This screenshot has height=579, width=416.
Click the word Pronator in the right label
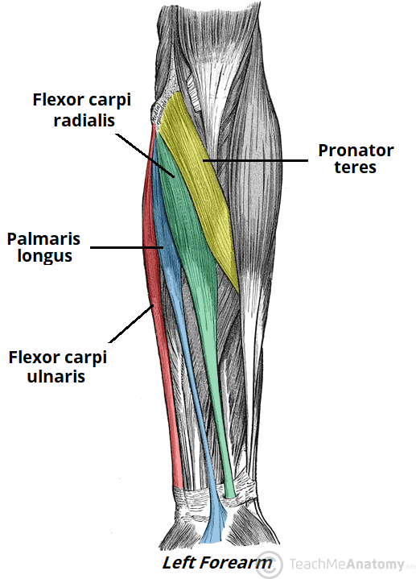tap(356, 151)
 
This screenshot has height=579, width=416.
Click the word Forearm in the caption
tap(240, 563)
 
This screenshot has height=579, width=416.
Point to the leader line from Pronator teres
tap(257, 159)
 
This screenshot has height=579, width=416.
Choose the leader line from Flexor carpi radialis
tap(145, 153)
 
